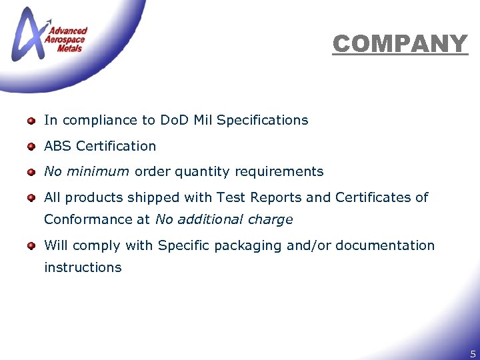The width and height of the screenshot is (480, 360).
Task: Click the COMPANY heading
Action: pos(400,44)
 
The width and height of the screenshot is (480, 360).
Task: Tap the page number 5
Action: pos(473,353)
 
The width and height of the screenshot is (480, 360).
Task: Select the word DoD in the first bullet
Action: pos(175,120)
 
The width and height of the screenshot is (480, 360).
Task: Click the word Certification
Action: pos(116,145)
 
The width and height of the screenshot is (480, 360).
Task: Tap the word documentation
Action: pos(385,245)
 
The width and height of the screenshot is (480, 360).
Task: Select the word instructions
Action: pos(83,267)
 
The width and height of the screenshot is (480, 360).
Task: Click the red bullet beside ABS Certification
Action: pos(31,147)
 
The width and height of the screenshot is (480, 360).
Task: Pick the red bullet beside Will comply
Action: pos(31,246)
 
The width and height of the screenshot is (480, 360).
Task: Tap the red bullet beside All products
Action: pos(31,198)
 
